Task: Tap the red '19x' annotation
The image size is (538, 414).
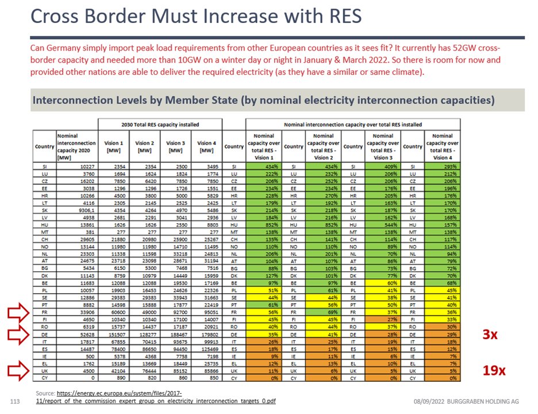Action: (x=493, y=370)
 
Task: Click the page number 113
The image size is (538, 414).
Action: (x=16, y=400)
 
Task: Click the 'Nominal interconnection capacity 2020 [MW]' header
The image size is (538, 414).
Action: (x=76, y=146)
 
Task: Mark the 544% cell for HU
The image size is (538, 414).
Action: (x=382, y=225)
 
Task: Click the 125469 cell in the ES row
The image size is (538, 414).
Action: (x=206, y=349)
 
